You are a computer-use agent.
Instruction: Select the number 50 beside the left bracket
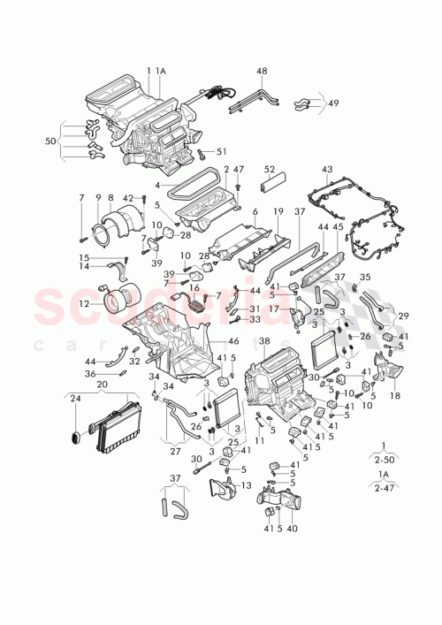[50, 141]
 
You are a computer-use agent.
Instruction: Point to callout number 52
[270, 170]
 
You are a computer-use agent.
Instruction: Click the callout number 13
[246, 485]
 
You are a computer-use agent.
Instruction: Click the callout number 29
[405, 316]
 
